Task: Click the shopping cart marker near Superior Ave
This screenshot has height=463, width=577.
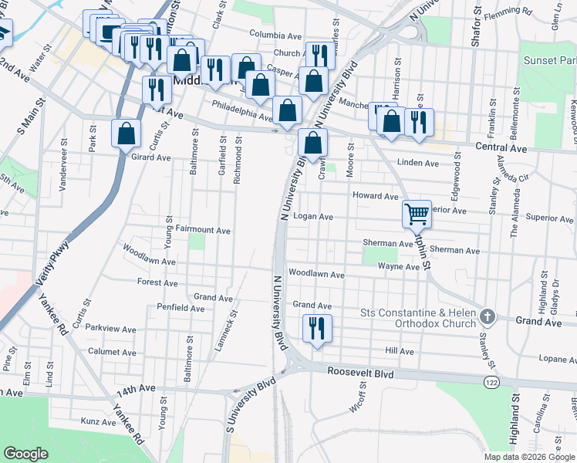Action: (417, 213)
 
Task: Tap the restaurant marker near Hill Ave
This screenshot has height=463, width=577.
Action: (316, 328)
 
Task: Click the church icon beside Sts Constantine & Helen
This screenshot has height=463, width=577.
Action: (486, 316)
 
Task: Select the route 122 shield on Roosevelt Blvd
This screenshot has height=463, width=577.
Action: (491, 382)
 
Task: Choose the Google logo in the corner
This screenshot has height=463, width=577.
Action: (26, 454)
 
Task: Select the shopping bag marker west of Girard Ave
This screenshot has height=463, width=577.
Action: (127, 133)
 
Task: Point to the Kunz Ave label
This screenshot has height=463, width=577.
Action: (98, 422)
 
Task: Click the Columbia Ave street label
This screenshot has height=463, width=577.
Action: (275, 35)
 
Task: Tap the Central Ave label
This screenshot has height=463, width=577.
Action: (501, 146)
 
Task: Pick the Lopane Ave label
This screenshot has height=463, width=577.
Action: (557, 359)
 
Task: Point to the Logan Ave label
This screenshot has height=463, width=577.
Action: (313, 217)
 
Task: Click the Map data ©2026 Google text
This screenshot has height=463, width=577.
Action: (528, 456)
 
